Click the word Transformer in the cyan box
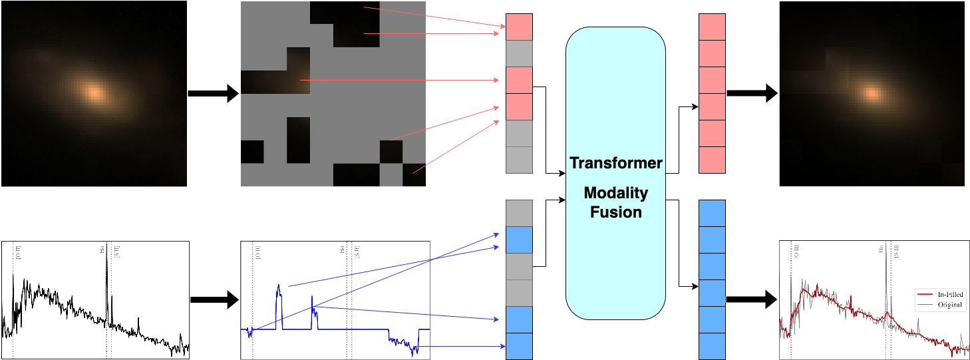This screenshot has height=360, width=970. click(615, 164)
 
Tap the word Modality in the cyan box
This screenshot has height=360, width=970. click(615, 193)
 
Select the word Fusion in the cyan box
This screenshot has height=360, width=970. click(615, 212)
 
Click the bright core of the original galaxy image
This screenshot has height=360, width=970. click(94, 92)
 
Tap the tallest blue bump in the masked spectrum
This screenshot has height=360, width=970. click(279, 287)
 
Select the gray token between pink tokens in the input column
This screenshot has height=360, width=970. click(519, 54)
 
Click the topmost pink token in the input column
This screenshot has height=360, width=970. click(519, 27)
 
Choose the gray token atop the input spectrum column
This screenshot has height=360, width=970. click(519, 213)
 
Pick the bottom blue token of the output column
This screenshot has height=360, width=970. click(712, 346)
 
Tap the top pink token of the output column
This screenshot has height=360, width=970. click(712, 27)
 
